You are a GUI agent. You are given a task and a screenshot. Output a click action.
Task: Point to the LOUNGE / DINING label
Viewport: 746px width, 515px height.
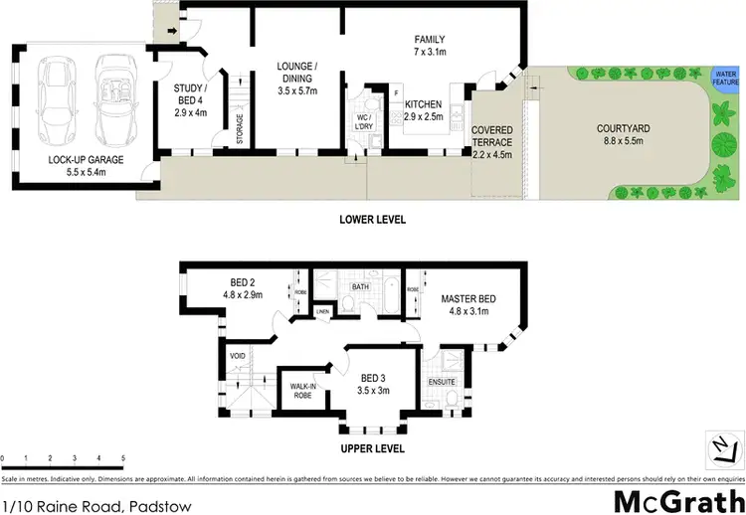tap(296, 73)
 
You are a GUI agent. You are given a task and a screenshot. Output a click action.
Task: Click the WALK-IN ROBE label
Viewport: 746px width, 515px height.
tap(303, 390)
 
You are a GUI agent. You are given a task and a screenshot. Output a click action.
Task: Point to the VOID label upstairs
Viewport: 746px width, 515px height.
tap(238, 355)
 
